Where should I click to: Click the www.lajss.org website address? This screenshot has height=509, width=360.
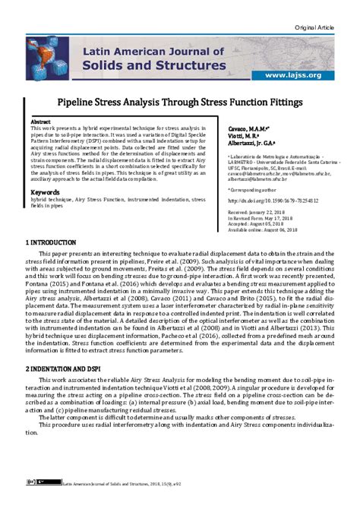pyautogui.click(x=293, y=75)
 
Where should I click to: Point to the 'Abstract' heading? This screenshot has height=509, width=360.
pyautogui.click(x=40, y=122)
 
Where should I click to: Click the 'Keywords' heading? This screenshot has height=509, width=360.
pyautogui.click(x=46, y=193)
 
